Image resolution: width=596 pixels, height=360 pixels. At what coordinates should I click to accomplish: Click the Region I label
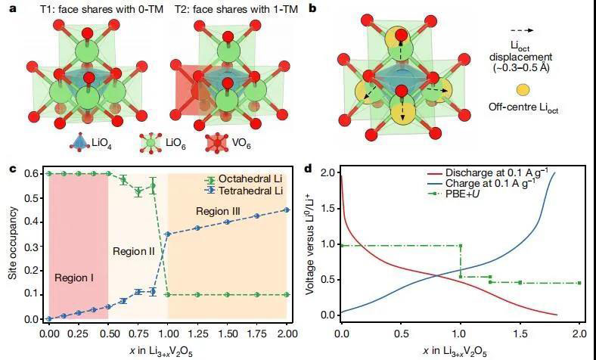(73, 278)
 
